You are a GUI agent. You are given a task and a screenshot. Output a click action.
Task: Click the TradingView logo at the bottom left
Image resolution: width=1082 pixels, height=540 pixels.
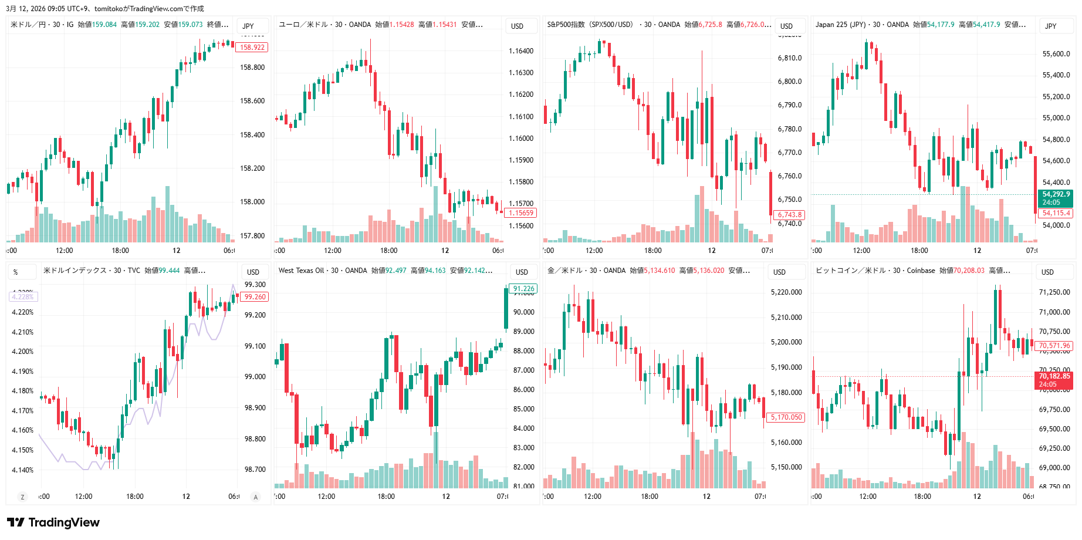(53, 522)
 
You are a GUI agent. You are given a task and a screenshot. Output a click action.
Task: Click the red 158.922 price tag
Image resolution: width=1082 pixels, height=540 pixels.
(252, 48)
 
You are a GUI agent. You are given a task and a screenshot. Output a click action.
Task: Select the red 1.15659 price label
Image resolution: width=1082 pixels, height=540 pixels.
(521, 213)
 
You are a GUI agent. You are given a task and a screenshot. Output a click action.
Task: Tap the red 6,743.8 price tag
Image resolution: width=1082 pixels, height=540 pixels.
(790, 215)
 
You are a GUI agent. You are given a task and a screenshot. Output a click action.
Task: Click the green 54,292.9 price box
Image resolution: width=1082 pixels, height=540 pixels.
(1056, 198)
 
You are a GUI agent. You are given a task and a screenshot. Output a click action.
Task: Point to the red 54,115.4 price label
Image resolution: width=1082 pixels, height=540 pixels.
(1056, 213)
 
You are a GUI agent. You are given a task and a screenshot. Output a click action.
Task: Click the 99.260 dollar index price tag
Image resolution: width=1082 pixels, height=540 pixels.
(255, 297)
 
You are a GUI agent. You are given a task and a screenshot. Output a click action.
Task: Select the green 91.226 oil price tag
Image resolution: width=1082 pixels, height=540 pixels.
(523, 289)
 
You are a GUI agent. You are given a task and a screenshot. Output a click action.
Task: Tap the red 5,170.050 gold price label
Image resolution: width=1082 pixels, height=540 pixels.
(786, 417)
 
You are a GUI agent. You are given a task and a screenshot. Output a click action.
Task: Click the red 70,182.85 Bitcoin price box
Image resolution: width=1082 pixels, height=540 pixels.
(1054, 380)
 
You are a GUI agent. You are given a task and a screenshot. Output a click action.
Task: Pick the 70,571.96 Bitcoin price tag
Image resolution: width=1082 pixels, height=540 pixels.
(1054, 346)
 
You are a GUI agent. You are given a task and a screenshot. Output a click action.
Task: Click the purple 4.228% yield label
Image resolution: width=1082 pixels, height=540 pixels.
(23, 297)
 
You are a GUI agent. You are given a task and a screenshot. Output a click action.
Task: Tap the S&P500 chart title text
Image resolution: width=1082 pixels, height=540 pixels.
(590, 25)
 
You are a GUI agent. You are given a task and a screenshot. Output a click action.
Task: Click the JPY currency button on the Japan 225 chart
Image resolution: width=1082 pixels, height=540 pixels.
(1050, 26)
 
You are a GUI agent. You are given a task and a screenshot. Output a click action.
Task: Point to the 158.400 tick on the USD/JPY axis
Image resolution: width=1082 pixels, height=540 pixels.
(252, 135)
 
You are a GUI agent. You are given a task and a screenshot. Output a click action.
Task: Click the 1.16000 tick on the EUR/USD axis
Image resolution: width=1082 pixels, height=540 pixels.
(521, 139)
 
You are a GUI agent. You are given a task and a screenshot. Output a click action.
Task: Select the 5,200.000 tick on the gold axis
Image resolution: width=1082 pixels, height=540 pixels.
(786, 342)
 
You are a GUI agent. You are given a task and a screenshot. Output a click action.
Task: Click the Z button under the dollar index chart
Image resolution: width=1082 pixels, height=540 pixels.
(22, 497)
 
